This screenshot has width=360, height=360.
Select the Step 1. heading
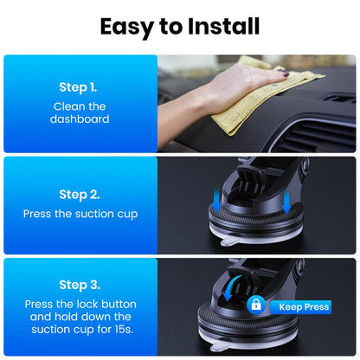click(80, 87)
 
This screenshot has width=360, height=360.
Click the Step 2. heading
click(80, 195)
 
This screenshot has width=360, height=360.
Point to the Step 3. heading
click(80, 285)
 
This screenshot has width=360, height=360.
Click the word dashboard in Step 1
click(80, 119)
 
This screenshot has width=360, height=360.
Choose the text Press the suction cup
click(80, 213)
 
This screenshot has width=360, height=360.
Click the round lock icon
click(255, 305)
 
